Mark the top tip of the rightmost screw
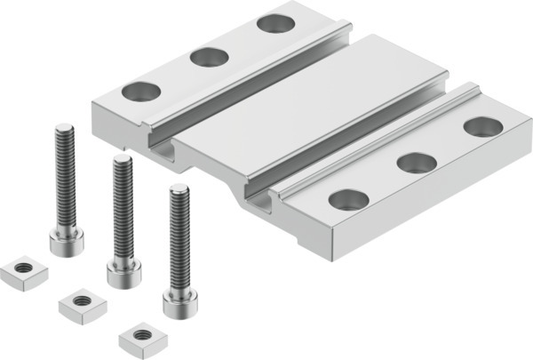coord(179,189)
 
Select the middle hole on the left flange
coord(210,58)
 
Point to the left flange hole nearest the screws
coord(140,91)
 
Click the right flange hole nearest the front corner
coord(348,200)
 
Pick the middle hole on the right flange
coord(416,163)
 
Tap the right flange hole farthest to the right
coord(482,126)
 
